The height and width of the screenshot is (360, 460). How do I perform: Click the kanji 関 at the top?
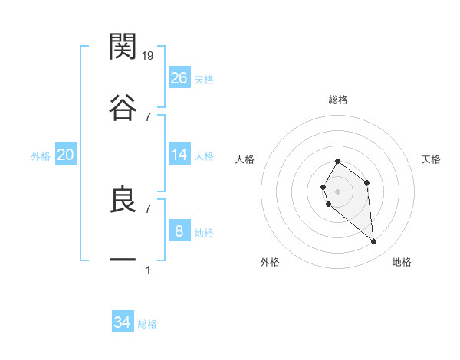pyautogui.click(x=123, y=47)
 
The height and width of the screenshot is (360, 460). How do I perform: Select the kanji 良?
pyautogui.click(x=123, y=198)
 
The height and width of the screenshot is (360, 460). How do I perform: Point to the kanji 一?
pyautogui.click(x=123, y=260)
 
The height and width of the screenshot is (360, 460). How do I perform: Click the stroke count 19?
pyautogui.click(x=148, y=55)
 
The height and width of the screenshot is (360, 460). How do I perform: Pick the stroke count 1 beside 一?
pyautogui.click(x=148, y=270)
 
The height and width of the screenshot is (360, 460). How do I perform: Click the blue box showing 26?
pyautogui.click(x=179, y=78)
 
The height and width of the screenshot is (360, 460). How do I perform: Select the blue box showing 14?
pyautogui.click(x=179, y=155)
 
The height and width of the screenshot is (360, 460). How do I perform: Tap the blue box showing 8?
pyautogui.click(x=179, y=231)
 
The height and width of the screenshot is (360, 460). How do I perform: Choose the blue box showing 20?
pyautogui.click(x=65, y=155)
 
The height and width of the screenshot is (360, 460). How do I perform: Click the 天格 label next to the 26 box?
pyautogui.click(x=204, y=80)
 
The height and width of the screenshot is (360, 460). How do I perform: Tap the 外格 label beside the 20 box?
pyautogui.click(x=41, y=156)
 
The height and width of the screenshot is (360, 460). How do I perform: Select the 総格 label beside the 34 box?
pyautogui.click(x=147, y=324)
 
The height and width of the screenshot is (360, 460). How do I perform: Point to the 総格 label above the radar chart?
pyautogui.click(x=338, y=100)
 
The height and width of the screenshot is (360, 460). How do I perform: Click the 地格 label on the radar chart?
pyautogui.click(x=402, y=262)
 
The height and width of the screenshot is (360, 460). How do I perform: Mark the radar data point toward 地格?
pyautogui.click(x=373, y=242)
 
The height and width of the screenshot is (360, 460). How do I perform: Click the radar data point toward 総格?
pyautogui.click(x=337, y=162)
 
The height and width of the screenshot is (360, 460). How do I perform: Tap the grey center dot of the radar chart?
pyautogui.click(x=337, y=191)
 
